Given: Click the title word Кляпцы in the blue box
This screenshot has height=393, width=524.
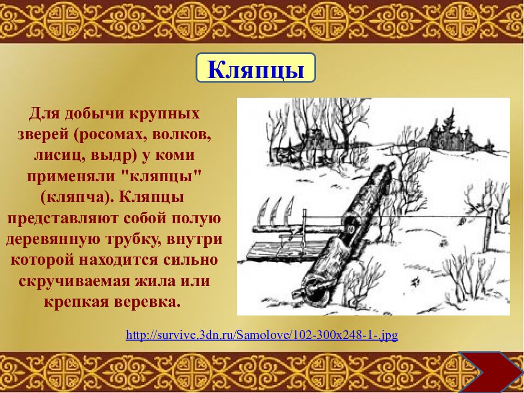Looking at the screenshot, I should tap(255, 69).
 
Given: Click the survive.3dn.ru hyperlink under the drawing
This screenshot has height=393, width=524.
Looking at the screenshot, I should tap(262, 335).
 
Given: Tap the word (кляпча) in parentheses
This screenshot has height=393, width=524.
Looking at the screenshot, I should tap(70, 196).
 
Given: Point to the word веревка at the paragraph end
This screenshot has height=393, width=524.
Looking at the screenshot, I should tap(147, 301).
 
